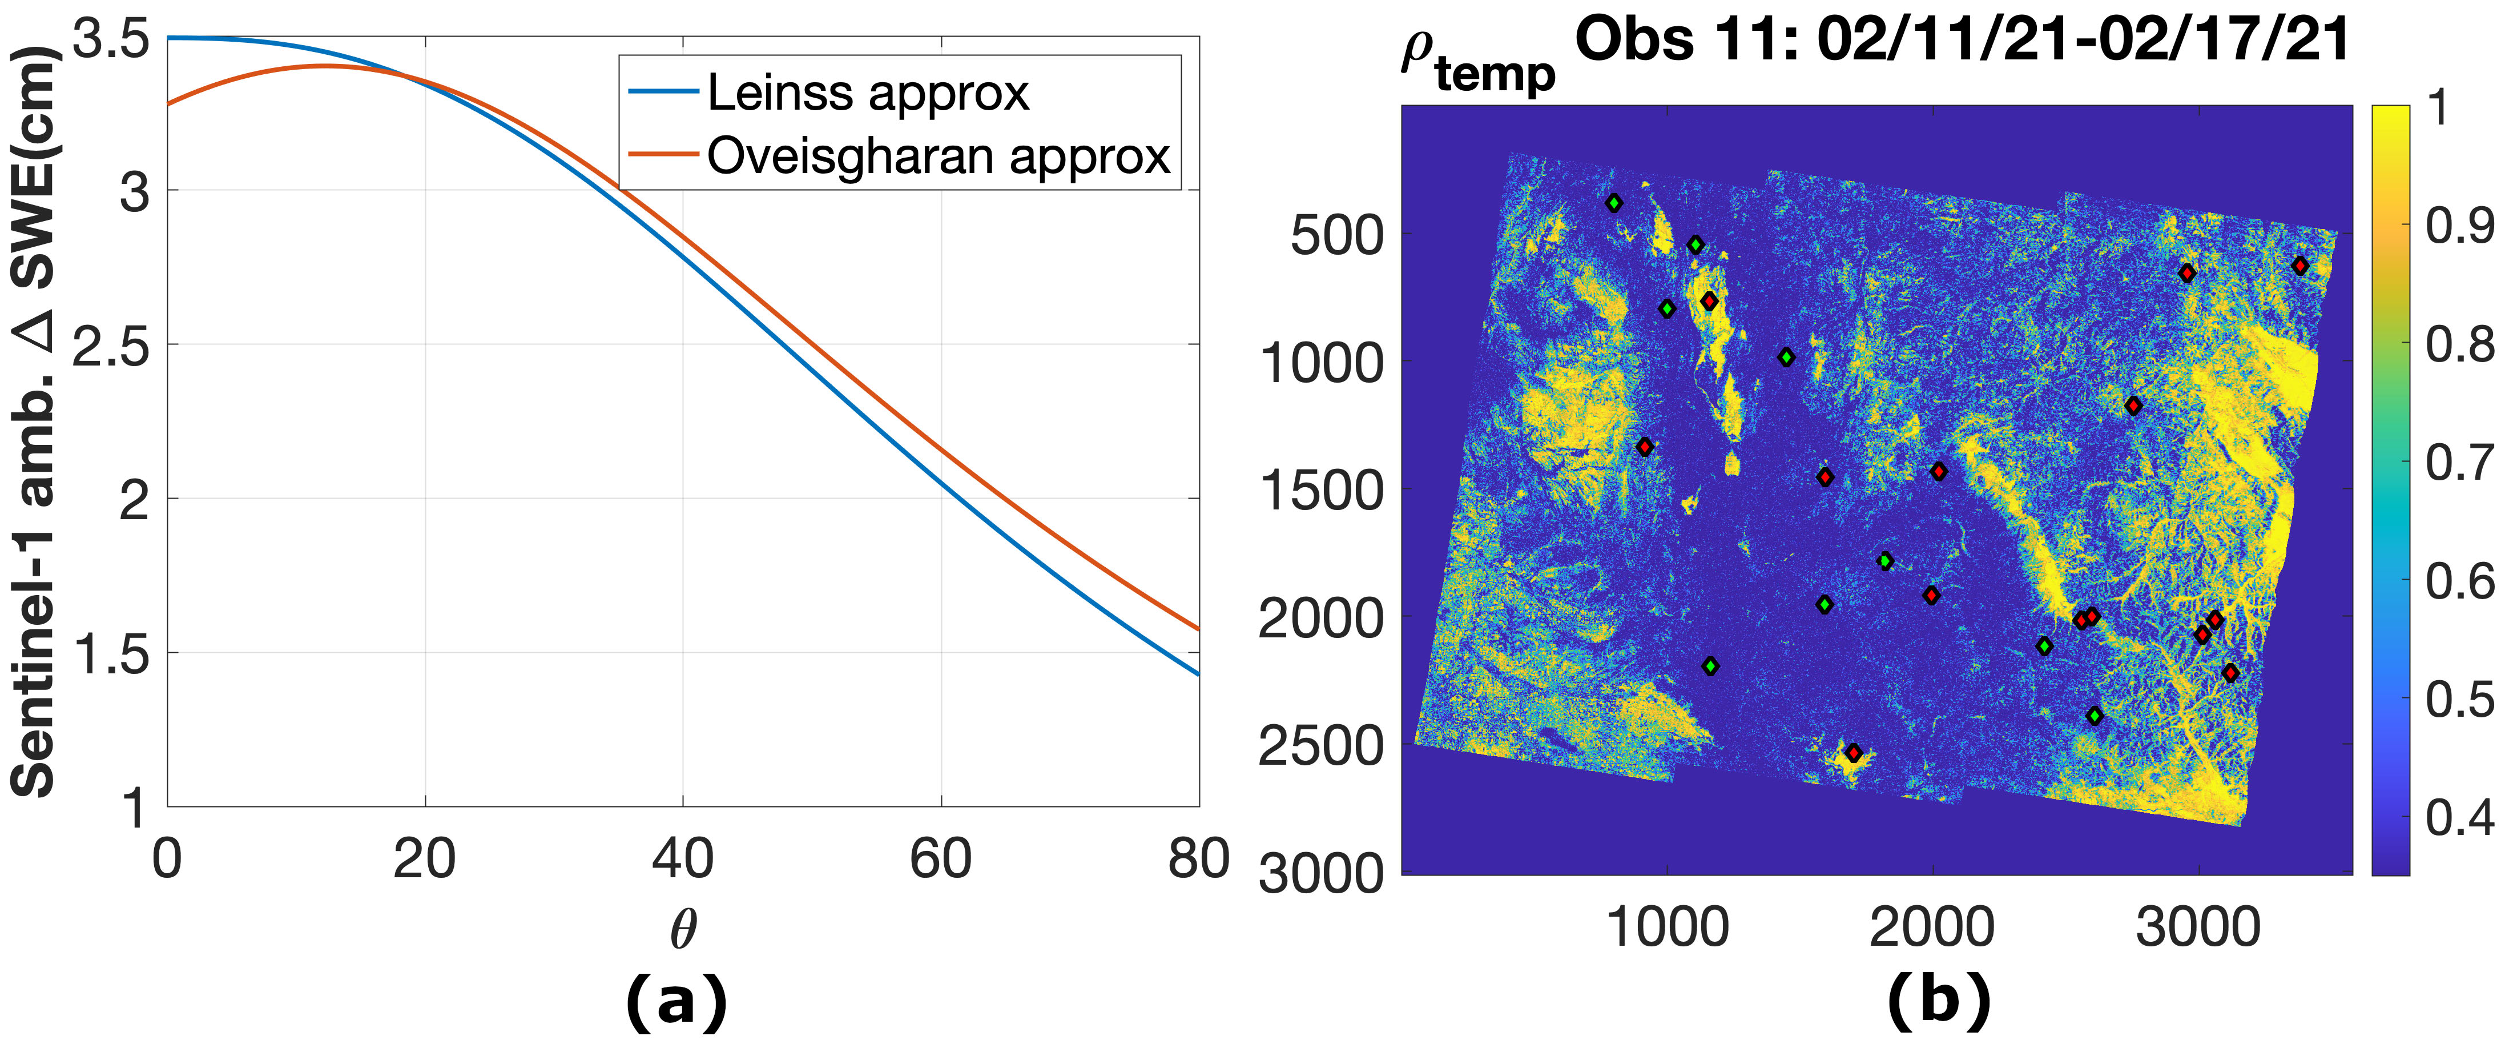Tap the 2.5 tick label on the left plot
coord(110,347)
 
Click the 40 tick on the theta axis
coord(683,859)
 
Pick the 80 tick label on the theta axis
coord(1199,859)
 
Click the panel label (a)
coord(676,1001)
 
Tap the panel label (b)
coord(1938,1001)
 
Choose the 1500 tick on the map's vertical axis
coord(1323,490)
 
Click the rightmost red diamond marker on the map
coord(2299,266)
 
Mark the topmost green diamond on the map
coord(1614,203)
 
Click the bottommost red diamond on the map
coord(1854,752)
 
